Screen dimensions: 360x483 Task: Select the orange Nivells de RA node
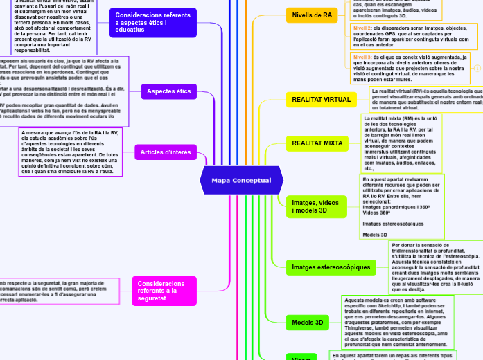(x=312, y=15)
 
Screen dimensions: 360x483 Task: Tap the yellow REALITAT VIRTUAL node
(x=322, y=100)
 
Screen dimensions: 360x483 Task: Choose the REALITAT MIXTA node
(x=317, y=143)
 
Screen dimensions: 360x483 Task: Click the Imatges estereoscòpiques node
(x=331, y=267)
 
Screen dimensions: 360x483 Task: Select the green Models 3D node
(x=308, y=322)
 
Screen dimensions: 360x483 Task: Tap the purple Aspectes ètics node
(x=169, y=91)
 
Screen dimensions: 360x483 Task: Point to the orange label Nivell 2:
(x=362, y=28)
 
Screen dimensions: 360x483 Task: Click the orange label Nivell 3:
(x=362, y=57)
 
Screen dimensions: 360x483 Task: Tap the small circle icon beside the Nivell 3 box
(x=477, y=68)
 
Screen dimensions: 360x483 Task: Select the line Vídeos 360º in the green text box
(x=378, y=213)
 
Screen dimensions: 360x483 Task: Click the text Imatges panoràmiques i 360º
(x=396, y=207)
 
